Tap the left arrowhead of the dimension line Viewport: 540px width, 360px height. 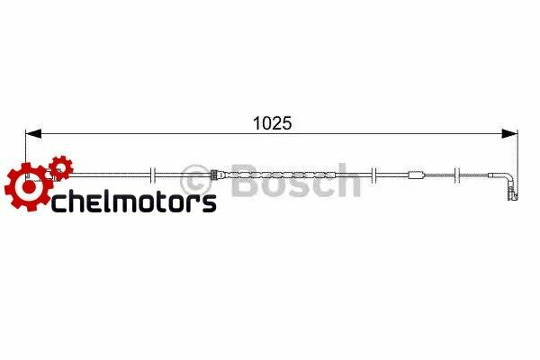(x=33, y=135)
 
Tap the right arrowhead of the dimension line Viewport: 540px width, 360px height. (x=511, y=135)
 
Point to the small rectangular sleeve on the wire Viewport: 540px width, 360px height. (x=416, y=175)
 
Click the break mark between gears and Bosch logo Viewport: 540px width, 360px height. (x=155, y=175)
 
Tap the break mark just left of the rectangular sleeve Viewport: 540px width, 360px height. (x=372, y=175)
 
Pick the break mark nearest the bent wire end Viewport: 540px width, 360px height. (x=459, y=175)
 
